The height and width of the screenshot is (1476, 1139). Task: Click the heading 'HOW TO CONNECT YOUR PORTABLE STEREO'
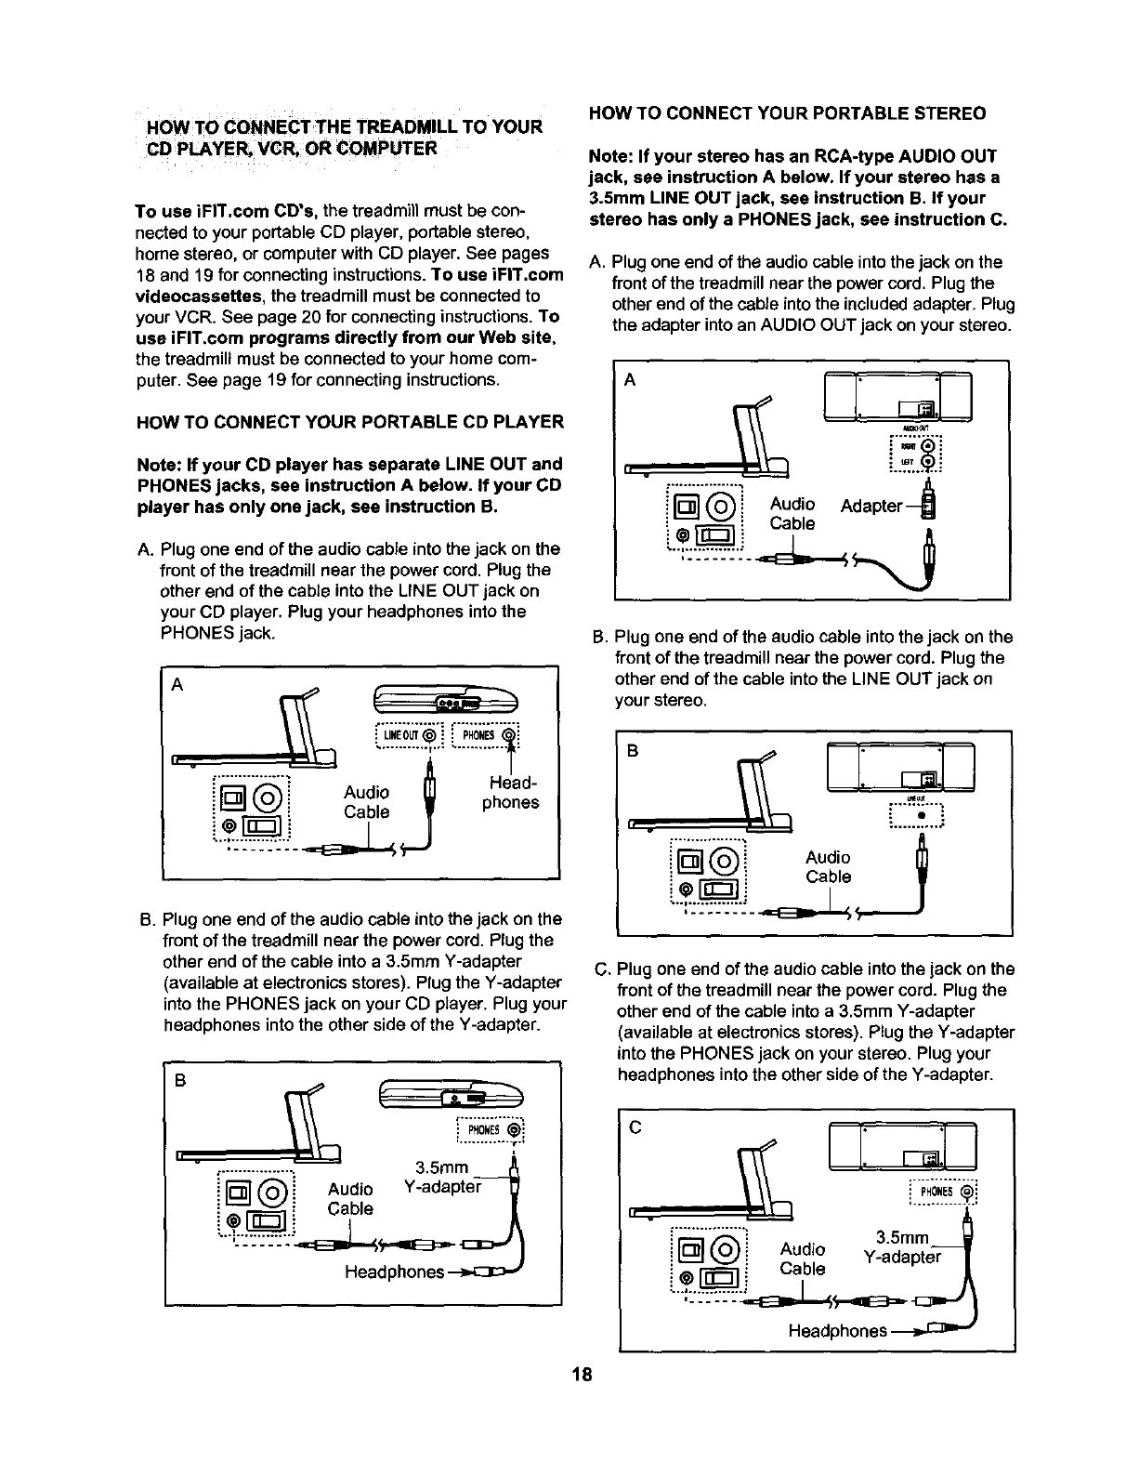coord(787,113)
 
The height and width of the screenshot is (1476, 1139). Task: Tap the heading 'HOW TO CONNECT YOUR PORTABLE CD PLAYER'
coord(349,422)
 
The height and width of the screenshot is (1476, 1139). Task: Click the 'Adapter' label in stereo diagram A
coord(871,506)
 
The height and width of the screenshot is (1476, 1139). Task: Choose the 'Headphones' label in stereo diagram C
coord(836,1331)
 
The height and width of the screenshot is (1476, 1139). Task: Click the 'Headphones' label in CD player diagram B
coord(393,1271)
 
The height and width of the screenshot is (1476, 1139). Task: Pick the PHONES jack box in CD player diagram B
coord(491,1130)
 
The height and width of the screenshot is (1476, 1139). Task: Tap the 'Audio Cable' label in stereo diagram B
coord(828,866)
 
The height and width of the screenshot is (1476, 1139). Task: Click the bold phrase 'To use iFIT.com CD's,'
coord(228,211)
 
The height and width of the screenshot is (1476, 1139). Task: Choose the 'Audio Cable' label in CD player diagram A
coord(366,801)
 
